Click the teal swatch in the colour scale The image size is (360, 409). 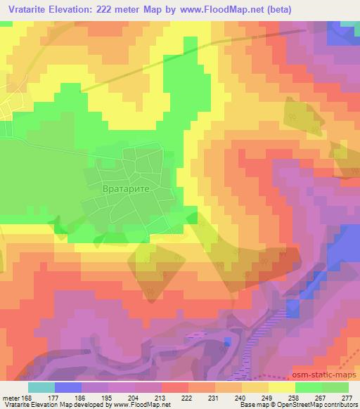pos(41,387)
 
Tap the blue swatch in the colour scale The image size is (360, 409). pos(68,387)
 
